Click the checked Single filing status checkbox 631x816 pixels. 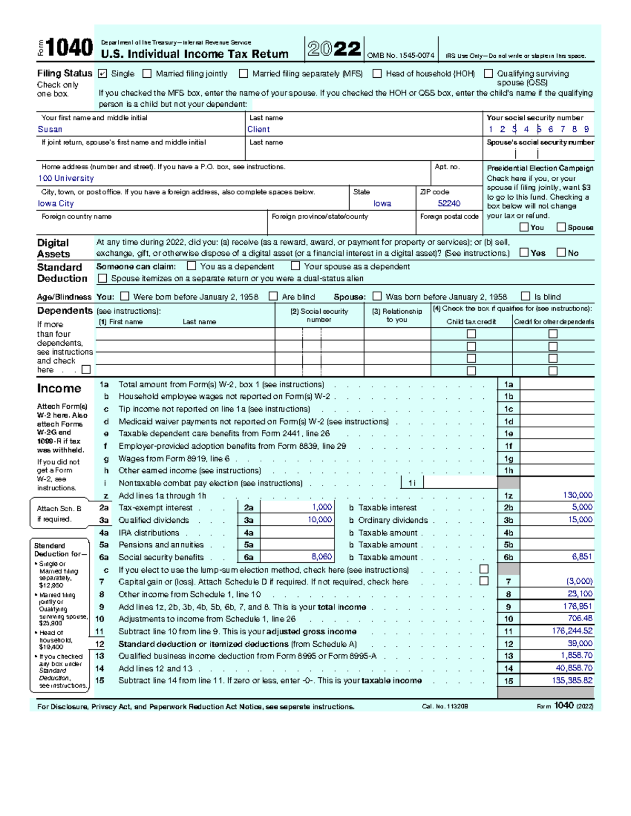(103, 74)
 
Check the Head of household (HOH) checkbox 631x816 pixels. (377, 74)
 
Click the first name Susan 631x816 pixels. (50, 129)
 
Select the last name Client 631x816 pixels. (259, 129)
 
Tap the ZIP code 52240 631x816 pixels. (449, 203)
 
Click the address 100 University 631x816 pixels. (66, 179)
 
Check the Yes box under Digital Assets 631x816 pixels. (524, 252)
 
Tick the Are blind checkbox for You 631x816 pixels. (273, 296)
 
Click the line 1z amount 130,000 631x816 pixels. (577, 495)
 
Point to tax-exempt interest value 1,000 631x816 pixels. (322, 507)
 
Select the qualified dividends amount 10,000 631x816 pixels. (320, 520)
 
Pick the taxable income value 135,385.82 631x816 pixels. (572, 680)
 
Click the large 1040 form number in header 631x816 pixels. (69, 48)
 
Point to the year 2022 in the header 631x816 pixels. (334, 49)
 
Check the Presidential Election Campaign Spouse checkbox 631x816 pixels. (561, 227)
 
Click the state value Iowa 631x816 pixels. (382, 203)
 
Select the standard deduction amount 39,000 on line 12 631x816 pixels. (579, 644)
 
